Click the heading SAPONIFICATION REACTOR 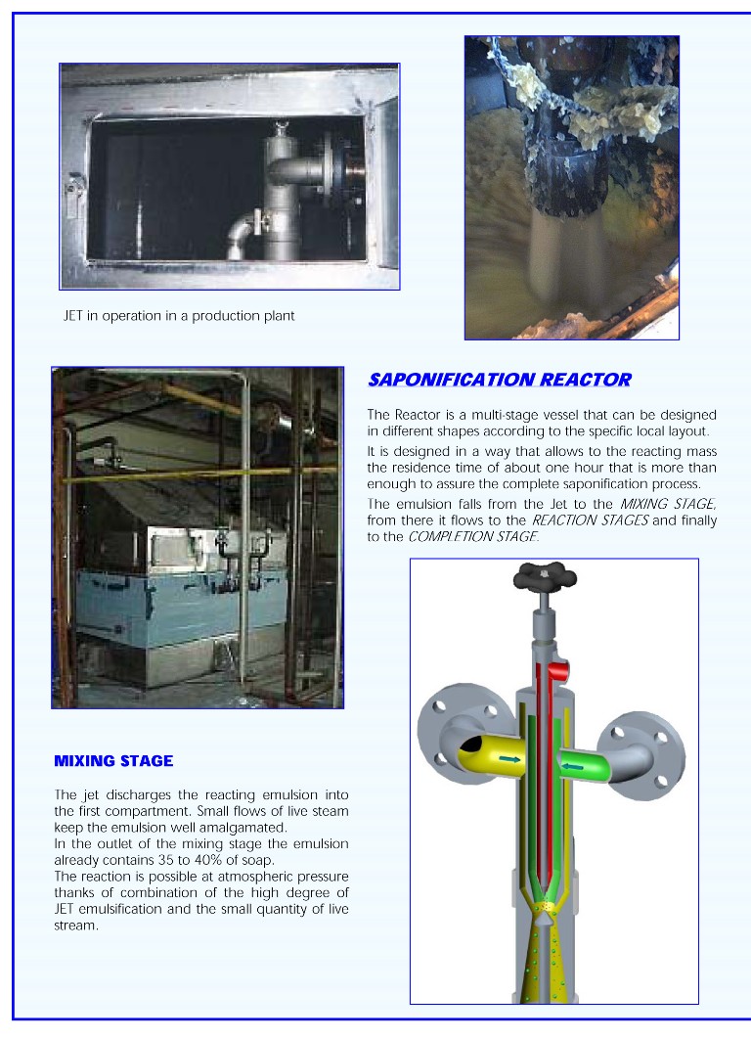[x=499, y=380]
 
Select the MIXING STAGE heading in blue [x=113, y=760]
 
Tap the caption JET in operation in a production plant [x=179, y=316]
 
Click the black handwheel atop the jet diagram [x=545, y=578]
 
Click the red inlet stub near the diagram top [x=559, y=670]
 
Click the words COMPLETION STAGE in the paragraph [x=471, y=537]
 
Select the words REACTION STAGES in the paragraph [x=601, y=520]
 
